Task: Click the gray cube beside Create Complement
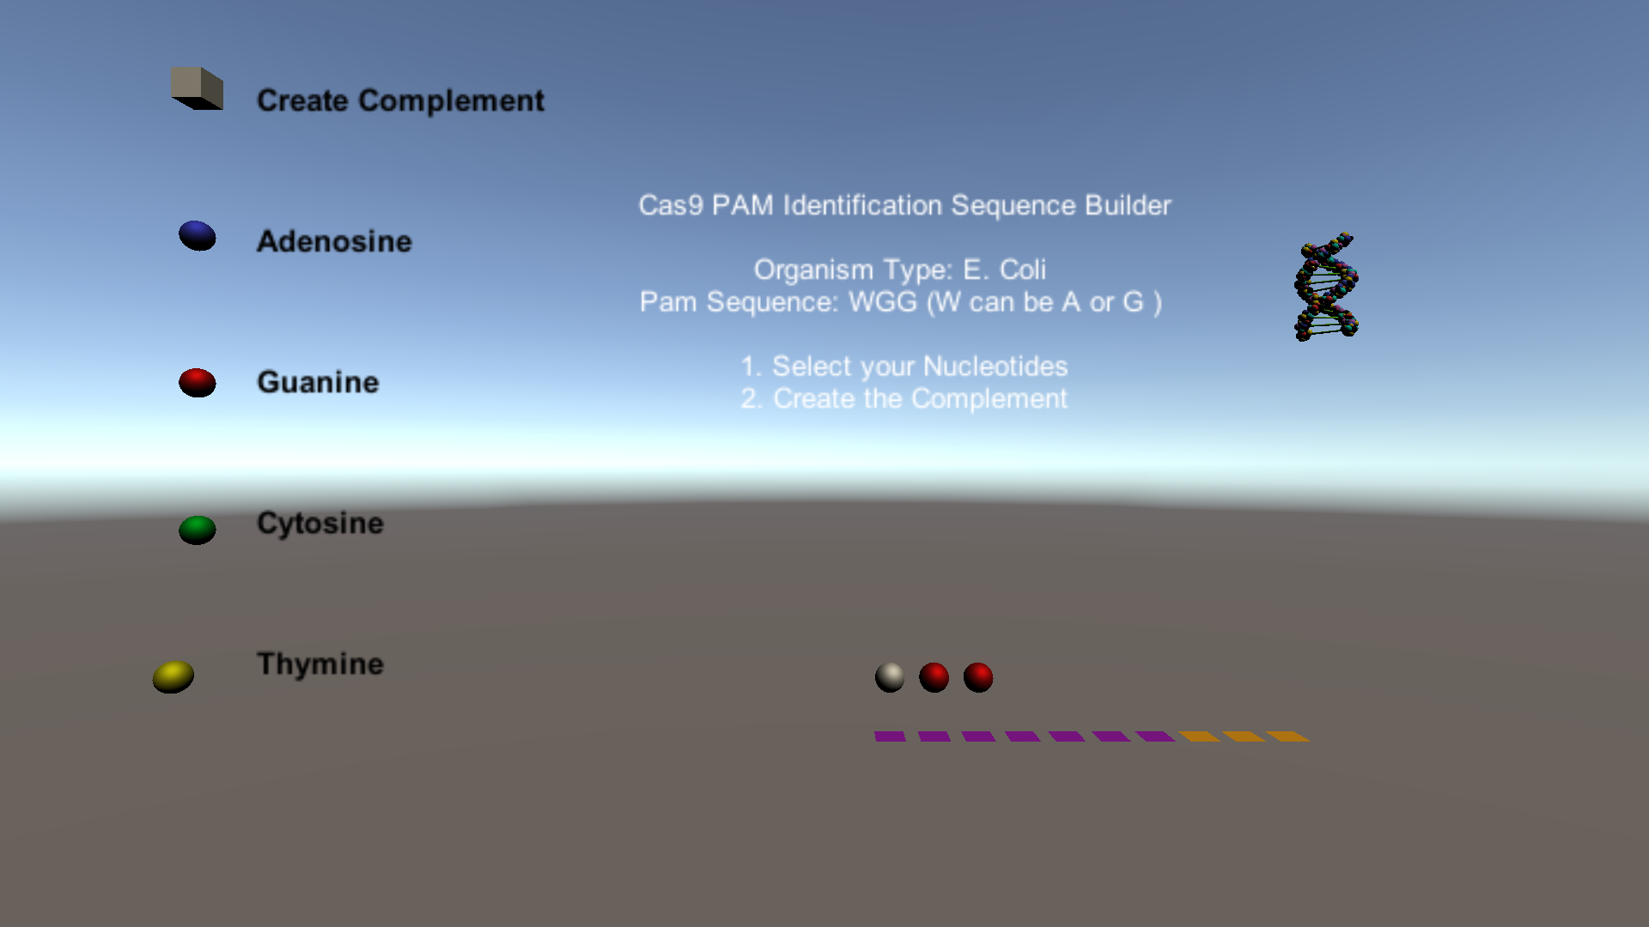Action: pyautogui.click(x=198, y=88)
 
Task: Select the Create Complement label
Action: pyautogui.click(x=400, y=101)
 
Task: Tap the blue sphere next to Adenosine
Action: pyautogui.click(x=198, y=236)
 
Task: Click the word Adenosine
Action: pyautogui.click(x=334, y=242)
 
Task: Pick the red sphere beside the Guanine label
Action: pyautogui.click(x=198, y=383)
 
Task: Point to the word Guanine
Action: pyautogui.click(x=318, y=383)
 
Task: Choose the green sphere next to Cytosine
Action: pyautogui.click(x=198, y=530)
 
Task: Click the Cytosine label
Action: pyautogui.click(x=320, y=524)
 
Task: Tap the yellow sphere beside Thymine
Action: pyautogui.click(x=173, y=676)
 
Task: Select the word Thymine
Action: pyautogui.click(x=320, y=664)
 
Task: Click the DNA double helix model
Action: pyautogui.click(x=1326, y=287)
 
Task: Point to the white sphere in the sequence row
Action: pyautogui.click(x=890, y=677)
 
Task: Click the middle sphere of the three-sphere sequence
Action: pyautogui.click(x=934, y=677)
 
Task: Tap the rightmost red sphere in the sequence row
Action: pyautogui.click(x=978, y=677)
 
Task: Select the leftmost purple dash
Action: pyautogui.click(x=890, y=736)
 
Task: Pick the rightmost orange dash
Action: pyautogui.click(x=1287, y=736)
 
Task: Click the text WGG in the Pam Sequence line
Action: pyautogui.click(x=883, y=302)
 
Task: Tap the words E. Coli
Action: pyautogui.click(x=1004, y=270)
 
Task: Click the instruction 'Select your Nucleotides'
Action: pyautogui.click(x=919, y=367)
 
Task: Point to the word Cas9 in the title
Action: pyautogui.click(x=671, y=206)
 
